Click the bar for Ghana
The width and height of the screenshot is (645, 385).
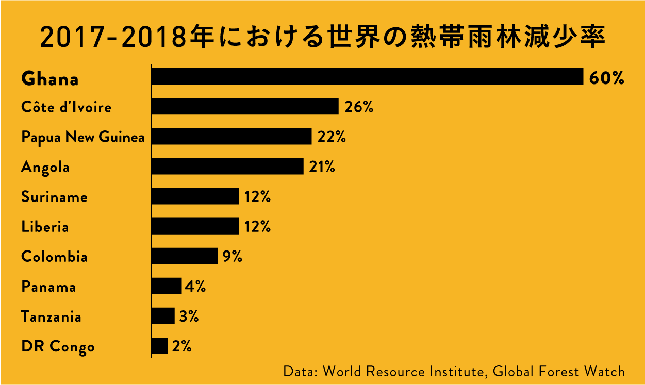(x=367, y=77)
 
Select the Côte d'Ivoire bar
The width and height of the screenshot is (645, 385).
(x=245, y=107)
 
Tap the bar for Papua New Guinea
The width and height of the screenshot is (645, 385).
(x=231, y=137)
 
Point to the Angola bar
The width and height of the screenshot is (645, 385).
(x=227, y=166)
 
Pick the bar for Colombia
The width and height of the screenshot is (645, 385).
(x=185, y=256)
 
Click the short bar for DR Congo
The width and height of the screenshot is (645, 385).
(x=160, y=346)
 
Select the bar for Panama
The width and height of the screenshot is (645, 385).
(x=167, y=286)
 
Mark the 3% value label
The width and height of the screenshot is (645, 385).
(x=189, y=316)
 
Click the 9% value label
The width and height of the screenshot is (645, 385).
(x=232, y=257)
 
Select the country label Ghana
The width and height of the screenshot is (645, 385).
(x=50, y=79)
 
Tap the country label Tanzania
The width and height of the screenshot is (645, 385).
(x=51, y=316)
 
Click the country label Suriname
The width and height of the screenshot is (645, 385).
(x=54, y=197)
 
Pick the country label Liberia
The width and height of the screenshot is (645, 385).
(x=45, y=227)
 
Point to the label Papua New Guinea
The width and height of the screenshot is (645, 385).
(x=82, y=138)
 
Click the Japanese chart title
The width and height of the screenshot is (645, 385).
(x=322, y=38)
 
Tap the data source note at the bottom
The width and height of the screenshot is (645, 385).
(x=454, y=371)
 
